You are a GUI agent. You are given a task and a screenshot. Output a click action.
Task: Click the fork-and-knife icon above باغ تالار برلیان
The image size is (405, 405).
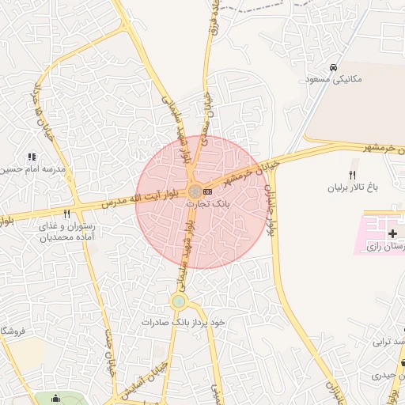coord(353,176)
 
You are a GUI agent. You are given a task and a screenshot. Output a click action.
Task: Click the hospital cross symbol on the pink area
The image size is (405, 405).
coord(393,234)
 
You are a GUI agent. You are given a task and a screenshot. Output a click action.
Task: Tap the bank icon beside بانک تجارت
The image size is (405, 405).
coord(207,191)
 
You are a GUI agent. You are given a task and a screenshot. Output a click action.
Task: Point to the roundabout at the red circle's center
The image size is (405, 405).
coord(195,191)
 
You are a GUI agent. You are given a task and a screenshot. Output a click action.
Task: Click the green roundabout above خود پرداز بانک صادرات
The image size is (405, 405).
coord(180,301)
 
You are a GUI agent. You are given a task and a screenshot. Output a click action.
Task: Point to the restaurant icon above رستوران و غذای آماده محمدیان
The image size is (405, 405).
coord(67,213)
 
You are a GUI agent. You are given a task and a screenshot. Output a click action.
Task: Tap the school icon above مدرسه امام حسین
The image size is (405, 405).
coord(32,157)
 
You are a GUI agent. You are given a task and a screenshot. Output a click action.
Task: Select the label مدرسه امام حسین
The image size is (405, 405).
coord(32,170)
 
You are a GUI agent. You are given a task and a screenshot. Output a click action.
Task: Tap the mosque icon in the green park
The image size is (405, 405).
coord(55,399)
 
